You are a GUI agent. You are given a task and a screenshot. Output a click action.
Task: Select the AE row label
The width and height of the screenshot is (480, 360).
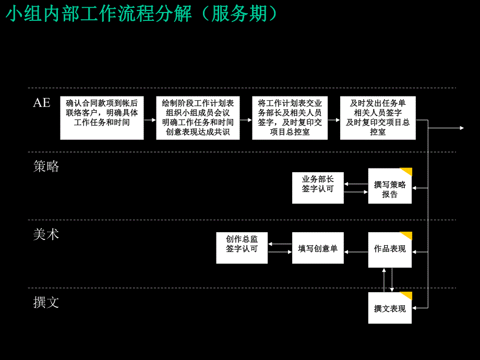pyautogui.click(x=42, y=103)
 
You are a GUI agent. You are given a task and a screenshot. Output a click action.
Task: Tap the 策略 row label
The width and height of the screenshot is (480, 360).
pyautogui.click(x=46, y=166)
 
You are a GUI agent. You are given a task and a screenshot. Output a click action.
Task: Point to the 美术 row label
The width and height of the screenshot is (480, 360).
pyautogui.click(x=46, y=235)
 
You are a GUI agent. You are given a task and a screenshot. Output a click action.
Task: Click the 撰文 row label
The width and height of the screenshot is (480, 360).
pyautogui.click(x=46, y=302)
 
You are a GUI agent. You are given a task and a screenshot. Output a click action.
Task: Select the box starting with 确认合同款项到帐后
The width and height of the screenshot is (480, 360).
pyautogui.click(x=102, y=118)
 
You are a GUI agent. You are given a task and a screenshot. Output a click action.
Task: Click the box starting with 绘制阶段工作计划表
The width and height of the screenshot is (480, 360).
pyautogui.click(x=198, y=118)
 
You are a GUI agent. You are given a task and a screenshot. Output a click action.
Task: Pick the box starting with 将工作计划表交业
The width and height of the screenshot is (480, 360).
pyautogui.click(x=290, y=118)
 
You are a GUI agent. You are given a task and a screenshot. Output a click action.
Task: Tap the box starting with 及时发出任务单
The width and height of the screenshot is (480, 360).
pyautogui.click(x=378, y=118)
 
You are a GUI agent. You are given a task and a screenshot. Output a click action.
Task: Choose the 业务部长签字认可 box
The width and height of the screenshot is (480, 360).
pyautogui.click(x=318, y=188)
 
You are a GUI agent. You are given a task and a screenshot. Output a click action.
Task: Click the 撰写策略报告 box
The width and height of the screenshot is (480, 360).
pyautogui.click(x=389, y=186)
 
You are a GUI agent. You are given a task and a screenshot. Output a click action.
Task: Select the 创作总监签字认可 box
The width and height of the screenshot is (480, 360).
pyautogui.click(x=242, y=248)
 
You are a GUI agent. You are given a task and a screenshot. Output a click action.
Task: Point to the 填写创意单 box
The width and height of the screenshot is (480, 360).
pyautogui.click(x=318, y=248)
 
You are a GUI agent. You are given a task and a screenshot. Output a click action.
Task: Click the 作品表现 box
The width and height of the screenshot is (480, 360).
pyautogui.click(x=389, y=249)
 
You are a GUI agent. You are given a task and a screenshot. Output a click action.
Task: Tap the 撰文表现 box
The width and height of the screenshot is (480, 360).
pyautogui.click(x=389, y=308)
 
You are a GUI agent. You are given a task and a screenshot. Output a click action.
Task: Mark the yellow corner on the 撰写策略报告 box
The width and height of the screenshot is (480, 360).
pyautogui.click(x=407, y=172)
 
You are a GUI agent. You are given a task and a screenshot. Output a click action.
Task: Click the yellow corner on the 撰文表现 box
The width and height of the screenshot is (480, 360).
pyautogui.click(x=407, y=296)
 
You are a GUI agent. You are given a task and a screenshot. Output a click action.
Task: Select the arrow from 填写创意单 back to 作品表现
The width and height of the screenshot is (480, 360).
pyautogui.click(x=356, y=252)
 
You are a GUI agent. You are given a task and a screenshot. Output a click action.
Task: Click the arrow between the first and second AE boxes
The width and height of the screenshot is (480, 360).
pyautogui.click(x=150, y=120)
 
